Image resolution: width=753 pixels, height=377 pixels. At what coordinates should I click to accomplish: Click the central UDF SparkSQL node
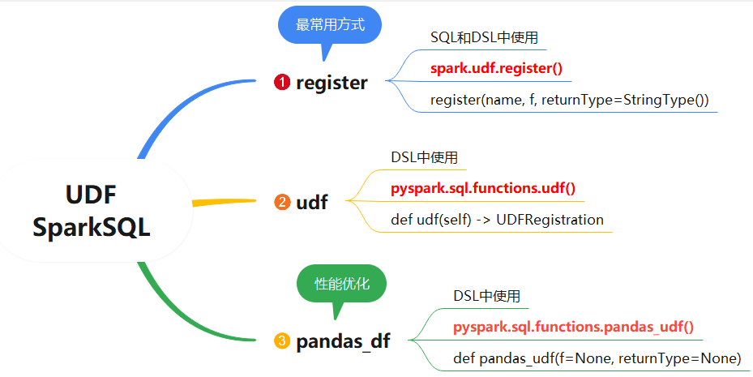(92, 210)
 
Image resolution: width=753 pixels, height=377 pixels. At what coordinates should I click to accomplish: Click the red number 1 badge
(282, 82)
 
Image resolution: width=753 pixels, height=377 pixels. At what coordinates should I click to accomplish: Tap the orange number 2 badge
(282, 202)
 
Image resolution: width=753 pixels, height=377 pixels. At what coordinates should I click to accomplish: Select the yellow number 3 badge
(282, 341)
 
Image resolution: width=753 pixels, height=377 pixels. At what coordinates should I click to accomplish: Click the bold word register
(332, 83)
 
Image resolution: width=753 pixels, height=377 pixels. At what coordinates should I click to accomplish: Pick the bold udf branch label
(312, 202)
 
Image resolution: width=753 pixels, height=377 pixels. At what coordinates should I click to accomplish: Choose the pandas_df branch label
(343, 342)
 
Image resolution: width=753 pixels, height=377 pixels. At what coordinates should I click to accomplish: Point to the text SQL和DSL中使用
(484, 37)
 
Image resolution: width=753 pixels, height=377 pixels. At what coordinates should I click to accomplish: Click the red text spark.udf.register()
(496, 69)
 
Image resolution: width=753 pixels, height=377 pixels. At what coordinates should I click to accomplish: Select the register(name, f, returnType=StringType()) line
(570, 100)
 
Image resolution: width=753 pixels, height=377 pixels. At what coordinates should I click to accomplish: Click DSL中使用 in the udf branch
(424, 157)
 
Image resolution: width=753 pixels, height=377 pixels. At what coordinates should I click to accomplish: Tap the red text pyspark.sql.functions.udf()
(482, 189)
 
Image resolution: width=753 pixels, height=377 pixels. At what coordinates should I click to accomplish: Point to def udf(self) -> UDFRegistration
(497, 220)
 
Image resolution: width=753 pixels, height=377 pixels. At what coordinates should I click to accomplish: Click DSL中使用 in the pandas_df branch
(486, 296)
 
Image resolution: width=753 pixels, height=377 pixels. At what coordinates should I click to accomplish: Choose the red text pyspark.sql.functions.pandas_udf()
(573, 328)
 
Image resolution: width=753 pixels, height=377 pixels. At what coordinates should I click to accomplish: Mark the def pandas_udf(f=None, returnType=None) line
(597, 358)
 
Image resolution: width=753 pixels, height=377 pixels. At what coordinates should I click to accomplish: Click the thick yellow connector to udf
(224, 202)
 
